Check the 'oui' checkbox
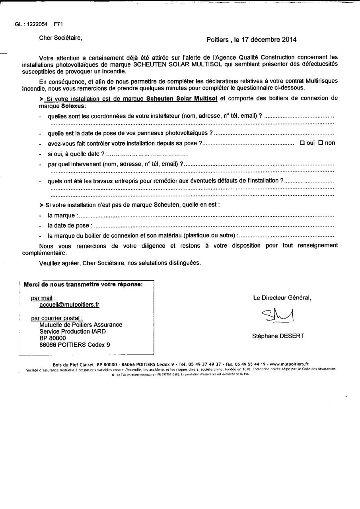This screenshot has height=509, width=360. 302,143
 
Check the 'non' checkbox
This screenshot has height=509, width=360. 320,143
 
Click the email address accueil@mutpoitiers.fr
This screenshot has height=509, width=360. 69,305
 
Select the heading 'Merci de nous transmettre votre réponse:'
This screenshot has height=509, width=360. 83,284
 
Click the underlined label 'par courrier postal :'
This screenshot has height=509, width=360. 57,318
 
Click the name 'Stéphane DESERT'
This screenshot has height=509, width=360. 278,336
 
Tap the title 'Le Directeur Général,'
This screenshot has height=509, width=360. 282,297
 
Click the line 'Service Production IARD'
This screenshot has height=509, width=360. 72,331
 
